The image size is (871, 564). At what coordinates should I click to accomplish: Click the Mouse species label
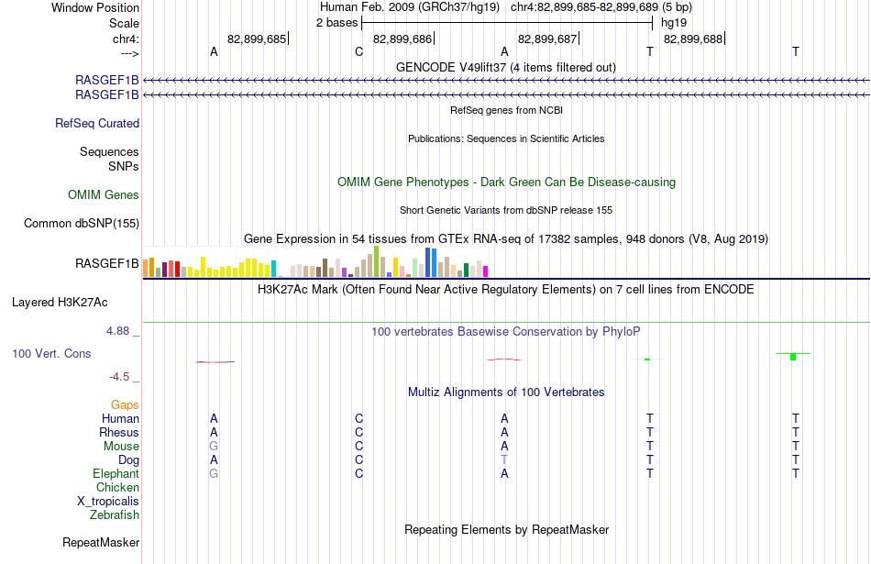point(121,447)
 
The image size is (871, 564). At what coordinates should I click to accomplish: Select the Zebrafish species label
point(115,515)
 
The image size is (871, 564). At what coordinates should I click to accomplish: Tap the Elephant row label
point(116,474)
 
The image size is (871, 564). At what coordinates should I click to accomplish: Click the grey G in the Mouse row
point(214,447)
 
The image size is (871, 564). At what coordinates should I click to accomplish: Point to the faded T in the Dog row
point(504,460)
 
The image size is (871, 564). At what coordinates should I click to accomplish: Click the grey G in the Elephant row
point(214,474)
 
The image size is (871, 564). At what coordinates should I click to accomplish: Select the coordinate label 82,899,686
point(402,39)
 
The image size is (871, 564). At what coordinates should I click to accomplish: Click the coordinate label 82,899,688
point(693,39)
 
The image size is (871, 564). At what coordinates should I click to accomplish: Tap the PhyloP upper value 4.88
point(117,331)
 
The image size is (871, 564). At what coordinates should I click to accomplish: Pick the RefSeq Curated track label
point(97,124)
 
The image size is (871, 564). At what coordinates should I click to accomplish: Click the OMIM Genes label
point(104,195)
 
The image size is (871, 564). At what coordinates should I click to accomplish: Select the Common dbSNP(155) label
point(82,224)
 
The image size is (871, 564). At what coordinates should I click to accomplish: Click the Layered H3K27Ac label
point(60,303)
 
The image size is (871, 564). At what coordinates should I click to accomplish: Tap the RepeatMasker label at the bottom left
point(101,542)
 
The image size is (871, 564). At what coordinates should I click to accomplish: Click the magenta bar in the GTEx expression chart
point(485,271)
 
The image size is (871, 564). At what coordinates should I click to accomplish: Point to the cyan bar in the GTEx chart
point(273,269)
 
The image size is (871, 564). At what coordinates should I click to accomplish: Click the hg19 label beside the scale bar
point(674,23)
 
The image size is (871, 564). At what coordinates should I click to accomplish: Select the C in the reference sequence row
point(358,51)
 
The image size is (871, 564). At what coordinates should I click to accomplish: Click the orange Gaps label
point(125,405)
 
